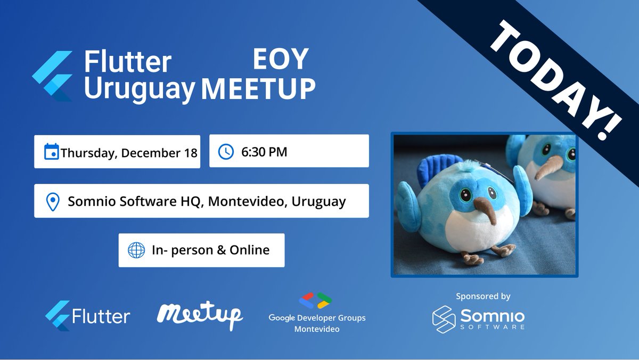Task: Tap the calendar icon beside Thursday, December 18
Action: tap(51, 152)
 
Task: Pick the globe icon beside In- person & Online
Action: tap(136, 250)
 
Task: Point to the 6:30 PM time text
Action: tap(264, 152)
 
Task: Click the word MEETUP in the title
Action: tap(258, 88)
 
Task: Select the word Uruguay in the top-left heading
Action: tap(140, 88)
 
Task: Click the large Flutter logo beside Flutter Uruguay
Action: tap(52, 76)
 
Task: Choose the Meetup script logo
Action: tap(200, 314)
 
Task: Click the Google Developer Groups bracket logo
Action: tap(316, 301)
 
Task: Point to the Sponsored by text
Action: tap(483, 296)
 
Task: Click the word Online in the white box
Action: tap(250, 250)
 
